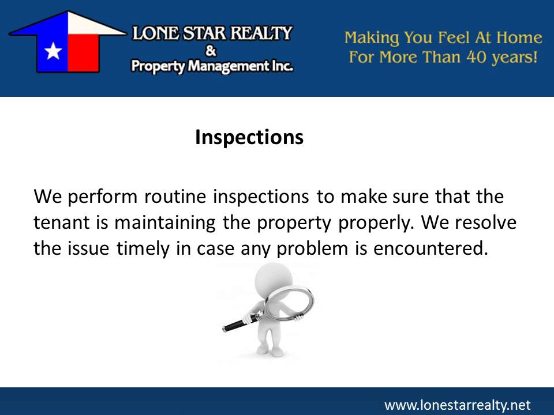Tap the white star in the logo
click(53, 51)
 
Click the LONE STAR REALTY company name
click(212, 33)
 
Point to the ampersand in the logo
click(211, 51)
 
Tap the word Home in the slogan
click(522, 38)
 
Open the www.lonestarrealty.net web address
click(456, 405)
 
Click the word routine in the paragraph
click(177, 197)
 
